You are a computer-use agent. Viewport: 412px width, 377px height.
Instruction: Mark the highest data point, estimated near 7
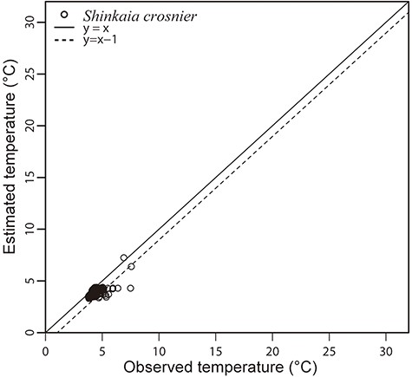point(124,257)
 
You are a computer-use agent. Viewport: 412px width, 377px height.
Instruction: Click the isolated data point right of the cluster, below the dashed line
point(131,288)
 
